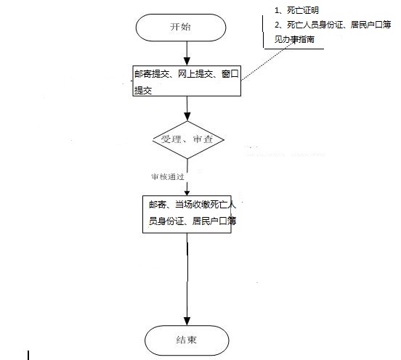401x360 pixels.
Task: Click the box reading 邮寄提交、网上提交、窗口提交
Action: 187,81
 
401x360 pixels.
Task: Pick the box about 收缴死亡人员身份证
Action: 187,214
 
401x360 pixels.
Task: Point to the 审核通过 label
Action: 168,176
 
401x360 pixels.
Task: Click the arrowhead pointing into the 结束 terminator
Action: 187,321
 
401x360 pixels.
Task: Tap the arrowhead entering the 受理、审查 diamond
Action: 187,117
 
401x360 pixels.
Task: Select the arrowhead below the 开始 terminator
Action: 187,61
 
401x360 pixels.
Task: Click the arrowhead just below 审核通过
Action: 187,192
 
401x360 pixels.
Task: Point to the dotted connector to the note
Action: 268,61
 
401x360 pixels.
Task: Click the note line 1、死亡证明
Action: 296,10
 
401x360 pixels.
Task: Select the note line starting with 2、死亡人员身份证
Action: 333,25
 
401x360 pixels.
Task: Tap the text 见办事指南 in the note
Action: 294,39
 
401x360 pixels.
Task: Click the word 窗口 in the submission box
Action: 230,74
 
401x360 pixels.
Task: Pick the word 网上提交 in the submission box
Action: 195,74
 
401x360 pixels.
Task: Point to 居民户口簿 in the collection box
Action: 214,221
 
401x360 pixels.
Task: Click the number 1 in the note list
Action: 277,10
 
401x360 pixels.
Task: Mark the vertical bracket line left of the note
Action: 263,31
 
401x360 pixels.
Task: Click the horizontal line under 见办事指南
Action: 293,49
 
